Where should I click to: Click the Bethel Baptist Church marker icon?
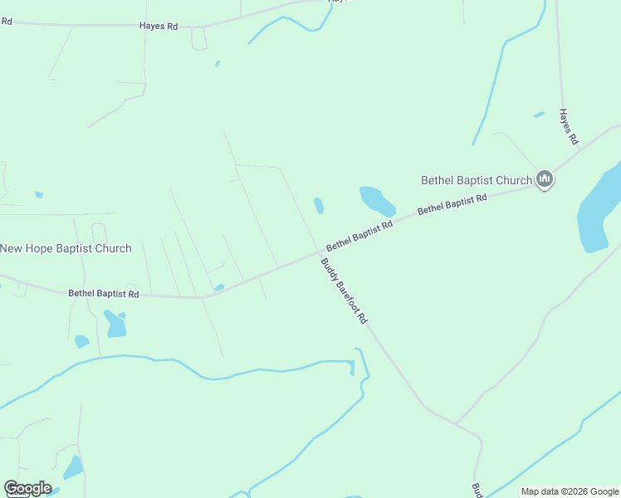pyautogui.click(x=545, y=178)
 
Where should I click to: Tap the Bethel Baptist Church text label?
pyautogui.click(x=476, y=180)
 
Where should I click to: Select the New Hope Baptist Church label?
pyautogui.click(x=66, y=248)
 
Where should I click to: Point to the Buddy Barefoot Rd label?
pyautogui.click(x=344, y=290)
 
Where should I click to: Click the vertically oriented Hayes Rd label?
pyautogui.click(x=568, y=127)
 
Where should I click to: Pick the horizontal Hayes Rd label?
pyautogui.click(x=159, y=26)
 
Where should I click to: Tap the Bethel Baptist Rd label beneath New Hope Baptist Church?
pyautogui.click(x=103, y=294)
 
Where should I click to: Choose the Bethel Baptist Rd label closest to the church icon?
pyautogui.click(x=452, y=204)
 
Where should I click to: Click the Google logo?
pyautogui.click(x=27, y=488)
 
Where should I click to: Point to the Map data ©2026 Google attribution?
pyautogui.click(x=569, y=491)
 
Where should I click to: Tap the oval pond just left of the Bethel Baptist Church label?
pyautogui.click(x=376, y=200)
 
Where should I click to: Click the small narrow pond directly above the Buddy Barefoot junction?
pyautogui.click(x=319, y=205)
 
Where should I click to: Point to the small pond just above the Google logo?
pyautogui.click(x=73, y=467)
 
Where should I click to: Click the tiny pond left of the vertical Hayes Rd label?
pyautogui.click(x=539, y=115)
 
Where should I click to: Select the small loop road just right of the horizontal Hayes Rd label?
pyautogui.click(x=198, y=38)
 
